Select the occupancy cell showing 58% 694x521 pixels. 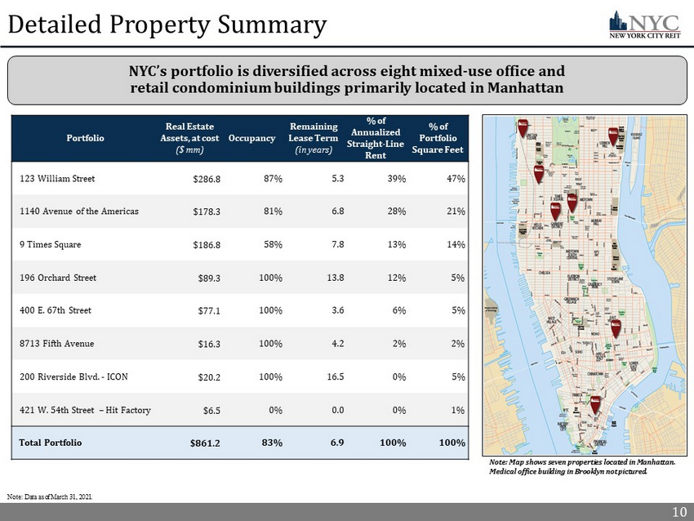coord(271,244)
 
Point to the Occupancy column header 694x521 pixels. coord(251,138)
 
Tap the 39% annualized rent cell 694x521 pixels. coord(397,178)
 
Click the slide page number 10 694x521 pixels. coord(678,512)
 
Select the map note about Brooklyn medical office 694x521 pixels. coord(580,467)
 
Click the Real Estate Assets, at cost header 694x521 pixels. coord(189,138)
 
